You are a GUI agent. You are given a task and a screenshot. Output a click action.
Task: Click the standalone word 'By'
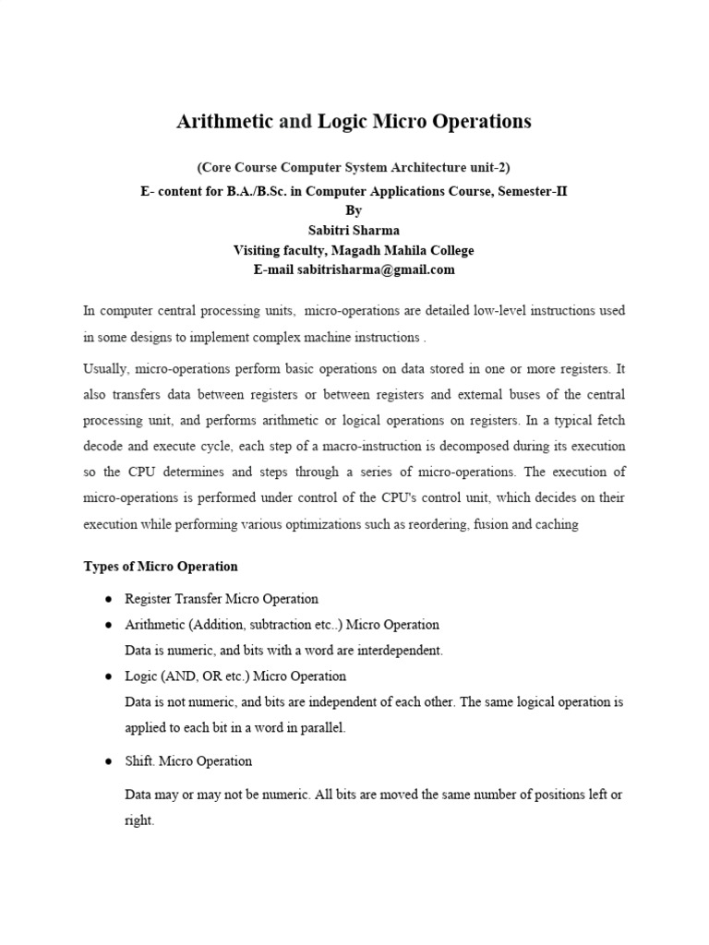tap(354, 211)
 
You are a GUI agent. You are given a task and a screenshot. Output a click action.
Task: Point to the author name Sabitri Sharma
tap(354, 231)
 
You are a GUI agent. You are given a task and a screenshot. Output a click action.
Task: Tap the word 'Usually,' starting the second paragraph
tap(106, 369)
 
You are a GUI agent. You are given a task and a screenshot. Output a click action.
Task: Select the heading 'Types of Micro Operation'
tap(161, 567)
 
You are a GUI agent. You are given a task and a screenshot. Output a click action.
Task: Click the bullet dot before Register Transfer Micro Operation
tap(108, 599)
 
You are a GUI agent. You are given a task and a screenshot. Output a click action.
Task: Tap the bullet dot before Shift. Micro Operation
tap(108, 761)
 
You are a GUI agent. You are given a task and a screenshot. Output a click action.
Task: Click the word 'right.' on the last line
tap(139, 820)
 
